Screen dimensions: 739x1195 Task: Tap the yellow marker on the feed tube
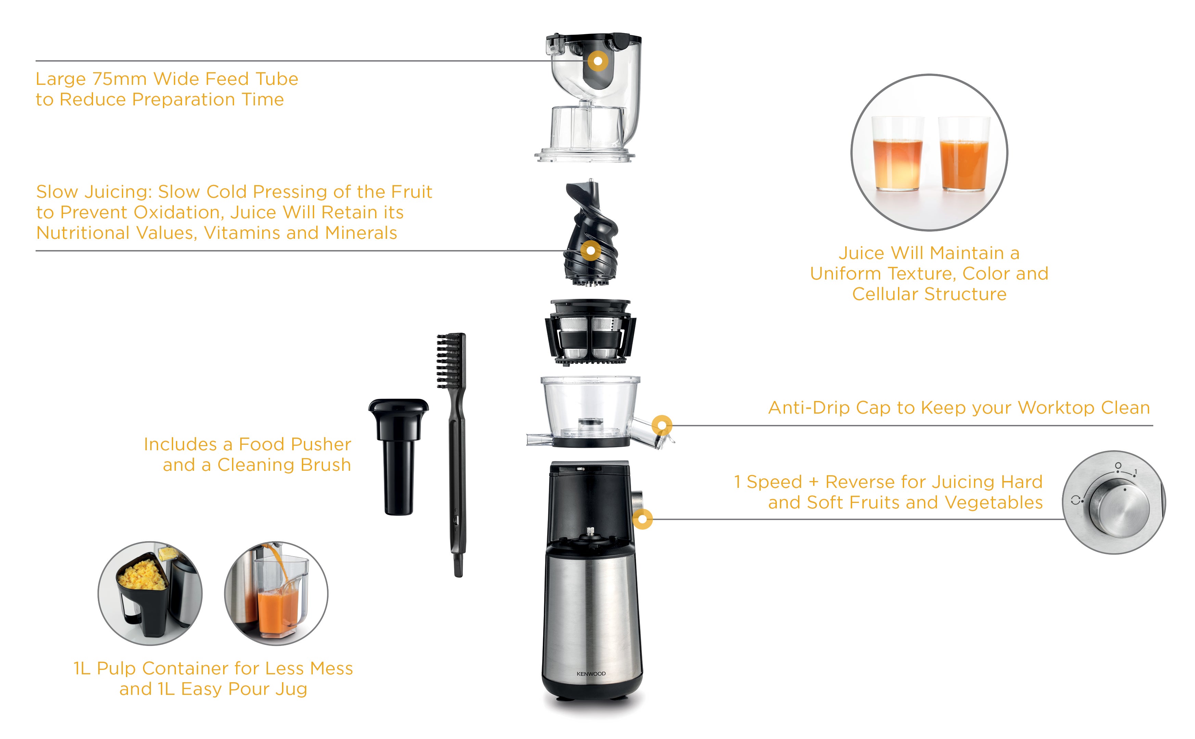[597, 62]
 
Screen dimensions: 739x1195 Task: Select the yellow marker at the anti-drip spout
[662, 425]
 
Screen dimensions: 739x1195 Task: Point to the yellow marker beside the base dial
[642, 519]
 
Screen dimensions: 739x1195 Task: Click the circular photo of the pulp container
[150, 593]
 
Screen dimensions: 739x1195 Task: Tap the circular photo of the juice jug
[276, 593]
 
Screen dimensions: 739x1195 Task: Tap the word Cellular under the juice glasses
[885, 294]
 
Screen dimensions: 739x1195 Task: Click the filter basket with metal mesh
[590, 332]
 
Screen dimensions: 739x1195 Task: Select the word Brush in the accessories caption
[325, 465]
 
